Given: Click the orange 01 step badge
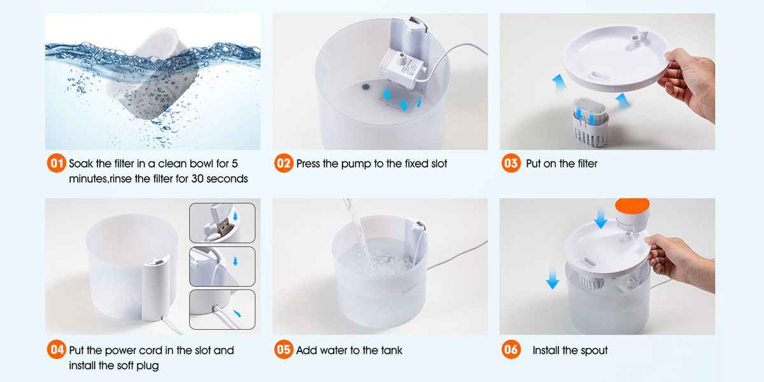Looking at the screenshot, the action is [57, 163].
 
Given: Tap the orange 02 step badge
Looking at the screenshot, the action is [284, 163].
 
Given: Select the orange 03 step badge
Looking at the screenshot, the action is [511, 163].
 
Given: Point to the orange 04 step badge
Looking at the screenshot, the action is [57, 349].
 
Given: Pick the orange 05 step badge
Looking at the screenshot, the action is [284, 349].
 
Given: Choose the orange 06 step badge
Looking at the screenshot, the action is [511, 349].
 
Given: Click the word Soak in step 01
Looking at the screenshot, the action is [81, 164].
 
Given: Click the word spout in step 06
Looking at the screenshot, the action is [595, 351].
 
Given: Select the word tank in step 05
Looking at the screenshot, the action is [392, 350].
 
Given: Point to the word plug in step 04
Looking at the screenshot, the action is [147, 366].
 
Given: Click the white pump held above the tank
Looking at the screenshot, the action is [402, 68].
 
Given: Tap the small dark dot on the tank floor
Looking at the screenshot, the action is [365, 87].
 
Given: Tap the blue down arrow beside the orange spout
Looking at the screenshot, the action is [600, 217].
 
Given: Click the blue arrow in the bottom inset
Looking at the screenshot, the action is [237, 313].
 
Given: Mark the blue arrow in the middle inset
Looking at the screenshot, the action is [236, 261].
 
